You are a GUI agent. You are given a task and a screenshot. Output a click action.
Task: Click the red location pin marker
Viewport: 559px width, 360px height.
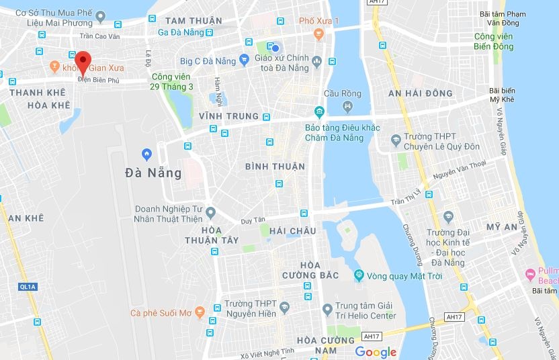coord(82,62)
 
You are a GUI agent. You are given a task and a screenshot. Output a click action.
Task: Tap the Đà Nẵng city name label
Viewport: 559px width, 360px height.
coord(153,173)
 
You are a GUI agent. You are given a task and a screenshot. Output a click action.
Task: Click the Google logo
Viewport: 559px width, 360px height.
coord(376,352)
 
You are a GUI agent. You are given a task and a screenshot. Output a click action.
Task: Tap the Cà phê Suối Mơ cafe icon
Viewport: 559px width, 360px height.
coord(136,313)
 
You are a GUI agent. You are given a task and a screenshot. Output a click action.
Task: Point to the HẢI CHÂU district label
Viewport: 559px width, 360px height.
coord(292,231)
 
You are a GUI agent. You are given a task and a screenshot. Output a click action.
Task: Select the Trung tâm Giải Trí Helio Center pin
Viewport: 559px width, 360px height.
coord(327,310)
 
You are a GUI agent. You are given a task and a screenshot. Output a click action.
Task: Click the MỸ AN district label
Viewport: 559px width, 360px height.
coord(502,228)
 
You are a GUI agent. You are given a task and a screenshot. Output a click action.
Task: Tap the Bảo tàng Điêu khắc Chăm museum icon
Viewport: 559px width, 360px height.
coord(319,111)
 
